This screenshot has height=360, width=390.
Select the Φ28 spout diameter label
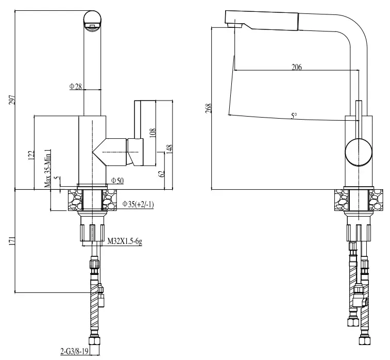(76, 86)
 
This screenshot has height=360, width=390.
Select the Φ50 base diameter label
(116, 181)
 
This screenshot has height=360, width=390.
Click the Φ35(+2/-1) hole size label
(139, 204)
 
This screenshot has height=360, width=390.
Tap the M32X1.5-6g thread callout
(124, 241)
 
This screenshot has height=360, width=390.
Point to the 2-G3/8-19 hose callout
(76, 352)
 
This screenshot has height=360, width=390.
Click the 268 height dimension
(209, 108)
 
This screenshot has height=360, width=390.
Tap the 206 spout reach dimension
(297, 67)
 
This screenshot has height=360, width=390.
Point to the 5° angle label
(294, 117)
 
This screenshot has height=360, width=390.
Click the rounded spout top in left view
(93, 20)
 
